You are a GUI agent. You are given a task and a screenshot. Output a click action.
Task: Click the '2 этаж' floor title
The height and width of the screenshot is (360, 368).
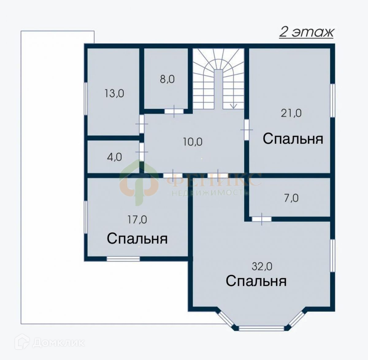pyautogui.click(x=306, y=32)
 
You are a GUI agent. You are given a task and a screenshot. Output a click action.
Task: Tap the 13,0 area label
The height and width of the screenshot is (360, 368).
pyautogui.click(x=114, y=94)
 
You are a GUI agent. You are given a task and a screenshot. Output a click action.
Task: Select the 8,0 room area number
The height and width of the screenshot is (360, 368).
pyautogui.click(x=167, y=79)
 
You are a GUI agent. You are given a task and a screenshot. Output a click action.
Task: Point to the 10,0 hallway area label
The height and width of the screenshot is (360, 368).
pyautogui.click(x=193, y=142)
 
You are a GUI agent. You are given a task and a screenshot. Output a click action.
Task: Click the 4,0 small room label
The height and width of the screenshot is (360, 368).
pyautogui.click(x=114, y=157)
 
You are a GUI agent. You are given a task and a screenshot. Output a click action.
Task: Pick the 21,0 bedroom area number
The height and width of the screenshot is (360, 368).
pyautogui.click(x=291, y=113)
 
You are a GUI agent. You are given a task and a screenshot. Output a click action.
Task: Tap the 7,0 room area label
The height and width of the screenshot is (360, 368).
pyautogui.click(x=291, y=198)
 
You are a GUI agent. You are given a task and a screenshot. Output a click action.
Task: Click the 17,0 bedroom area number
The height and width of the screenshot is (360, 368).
pyautogui.click(x=137, y=220)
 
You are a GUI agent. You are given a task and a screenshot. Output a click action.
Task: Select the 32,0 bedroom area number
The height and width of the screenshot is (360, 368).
pyautogui.click(x=262, y=266)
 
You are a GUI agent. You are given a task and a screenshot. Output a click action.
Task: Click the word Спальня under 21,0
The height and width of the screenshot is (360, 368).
pyautogui.click(x=293, y=139)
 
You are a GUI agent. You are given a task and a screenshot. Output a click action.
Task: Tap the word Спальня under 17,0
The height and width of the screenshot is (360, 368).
pyautogui.click(x=137, y=239)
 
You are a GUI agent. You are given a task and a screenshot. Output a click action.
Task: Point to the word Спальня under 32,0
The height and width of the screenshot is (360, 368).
pyautogui.click(x=256, y=281)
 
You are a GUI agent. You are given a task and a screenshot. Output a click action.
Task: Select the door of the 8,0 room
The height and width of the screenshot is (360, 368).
pyautogui.click(x=174, y=111)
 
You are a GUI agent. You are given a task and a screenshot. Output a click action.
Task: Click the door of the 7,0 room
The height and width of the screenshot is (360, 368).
pyautogui.click(x=262, y=219)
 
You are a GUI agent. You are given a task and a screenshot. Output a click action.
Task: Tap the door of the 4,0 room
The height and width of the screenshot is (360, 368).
pyautogui.click(x=142, y=152)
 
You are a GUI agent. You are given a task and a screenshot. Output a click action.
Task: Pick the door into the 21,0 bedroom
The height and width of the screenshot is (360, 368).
pyautogui.click(x=246, y=130)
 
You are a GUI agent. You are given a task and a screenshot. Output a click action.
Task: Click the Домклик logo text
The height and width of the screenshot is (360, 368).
pyautogui.click(x=59, y=343)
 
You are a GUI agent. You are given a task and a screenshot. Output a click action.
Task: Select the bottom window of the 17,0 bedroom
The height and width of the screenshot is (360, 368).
pyautogui.click(x=123, y=259)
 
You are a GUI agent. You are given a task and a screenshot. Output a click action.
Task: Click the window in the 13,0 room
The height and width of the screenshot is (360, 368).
pyautogui.click(x=86, y=98)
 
